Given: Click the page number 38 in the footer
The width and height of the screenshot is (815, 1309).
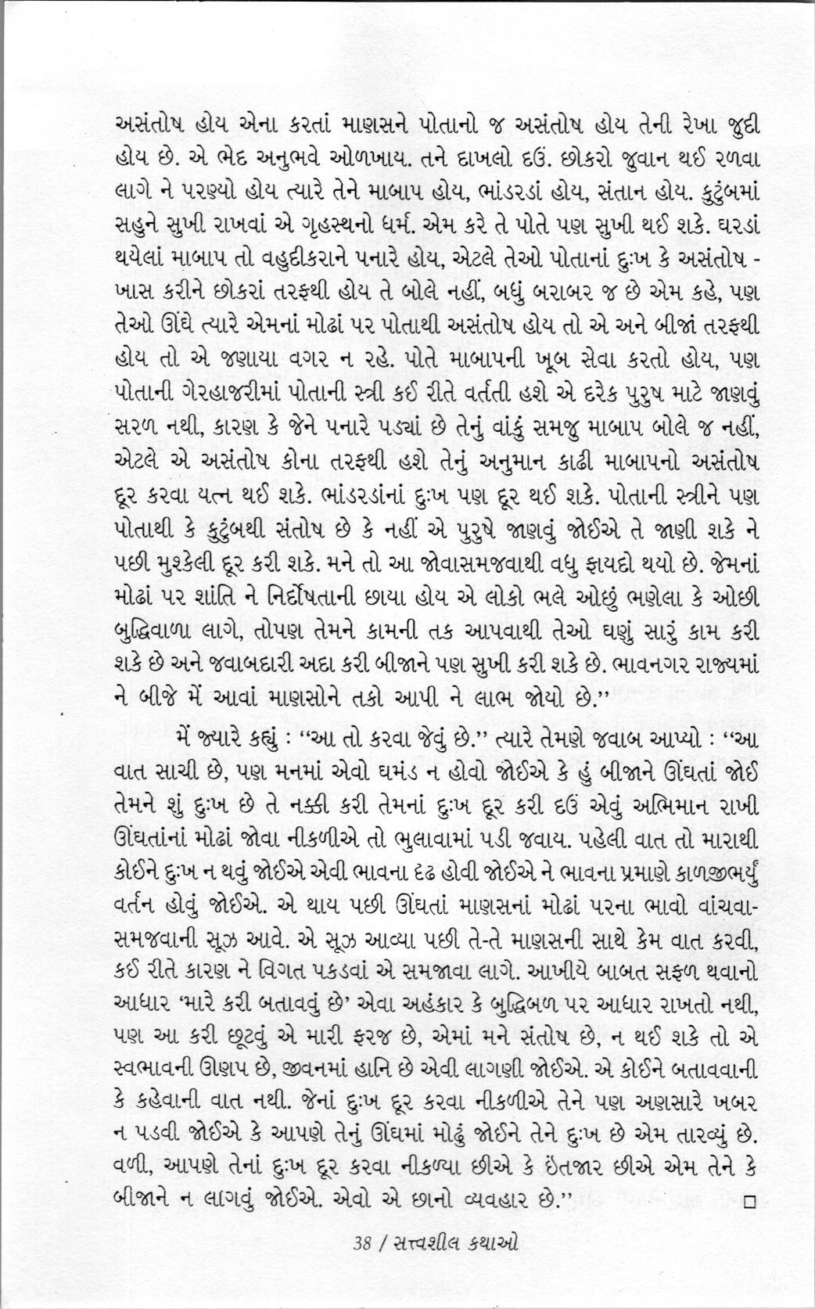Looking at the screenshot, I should point(361,1242).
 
